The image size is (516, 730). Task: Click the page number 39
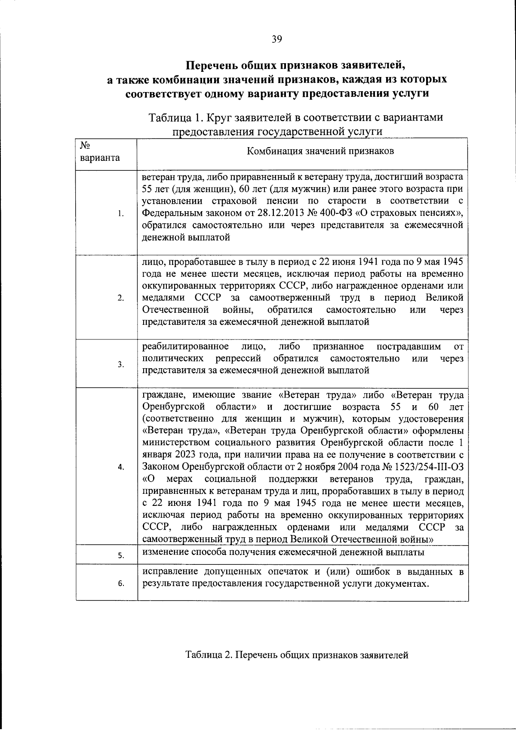(x=276, y=39)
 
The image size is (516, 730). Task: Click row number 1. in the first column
(x=121, y=214)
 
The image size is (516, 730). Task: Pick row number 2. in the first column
(x=121, y=298)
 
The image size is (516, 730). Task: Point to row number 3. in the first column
(x=121, y=364)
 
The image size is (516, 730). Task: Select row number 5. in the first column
(x=121, y=556)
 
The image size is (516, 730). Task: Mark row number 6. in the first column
(x=121, y=584)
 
